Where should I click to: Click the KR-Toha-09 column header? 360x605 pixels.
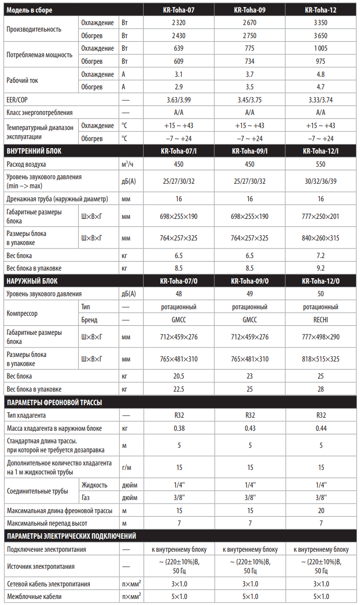click(x=250, y=10)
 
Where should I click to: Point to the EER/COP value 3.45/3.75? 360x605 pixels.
click(x=250, y=100)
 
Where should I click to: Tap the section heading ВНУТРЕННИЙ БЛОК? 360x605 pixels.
click(x=34, y=151)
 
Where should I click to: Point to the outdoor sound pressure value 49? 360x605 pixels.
click(x=250, y=294)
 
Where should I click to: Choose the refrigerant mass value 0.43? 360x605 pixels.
click(x=250, y=428)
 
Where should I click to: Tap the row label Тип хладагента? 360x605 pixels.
click(x=30, y=416)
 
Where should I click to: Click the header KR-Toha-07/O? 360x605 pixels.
click(x=179, y=281)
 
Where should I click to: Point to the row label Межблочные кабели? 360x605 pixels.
click(x=34, y=596)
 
